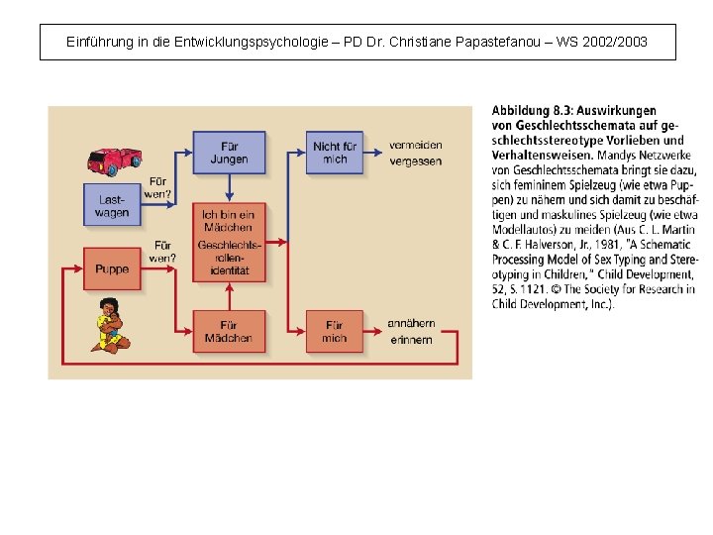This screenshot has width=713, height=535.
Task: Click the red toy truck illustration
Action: click(x=115, y=160)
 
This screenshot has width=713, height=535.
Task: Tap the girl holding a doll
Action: click(x=110, y=325)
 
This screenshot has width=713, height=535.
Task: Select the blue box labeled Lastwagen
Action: click(x=113, y=206)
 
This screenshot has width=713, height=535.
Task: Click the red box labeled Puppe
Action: click(x=113, y=268)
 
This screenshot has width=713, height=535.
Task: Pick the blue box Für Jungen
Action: click(x=229, y=153)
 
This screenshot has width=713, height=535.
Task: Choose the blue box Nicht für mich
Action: click(x=335, y=153)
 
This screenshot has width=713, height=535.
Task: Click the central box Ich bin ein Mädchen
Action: click(x=229, y=242)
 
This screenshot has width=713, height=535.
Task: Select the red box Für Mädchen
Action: click(x=229, y=331)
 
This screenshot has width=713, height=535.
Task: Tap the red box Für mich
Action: click(x=335, y=331)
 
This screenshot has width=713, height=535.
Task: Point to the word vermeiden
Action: click(x=416, y=146)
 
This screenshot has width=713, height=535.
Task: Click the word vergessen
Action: click(x=416, y=161)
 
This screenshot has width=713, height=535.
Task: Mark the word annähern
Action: click(x=411, y=324)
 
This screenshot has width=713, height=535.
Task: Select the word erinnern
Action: click(x=411, y=339)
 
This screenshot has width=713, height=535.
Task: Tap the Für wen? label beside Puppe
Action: click(x=162, y=252)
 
